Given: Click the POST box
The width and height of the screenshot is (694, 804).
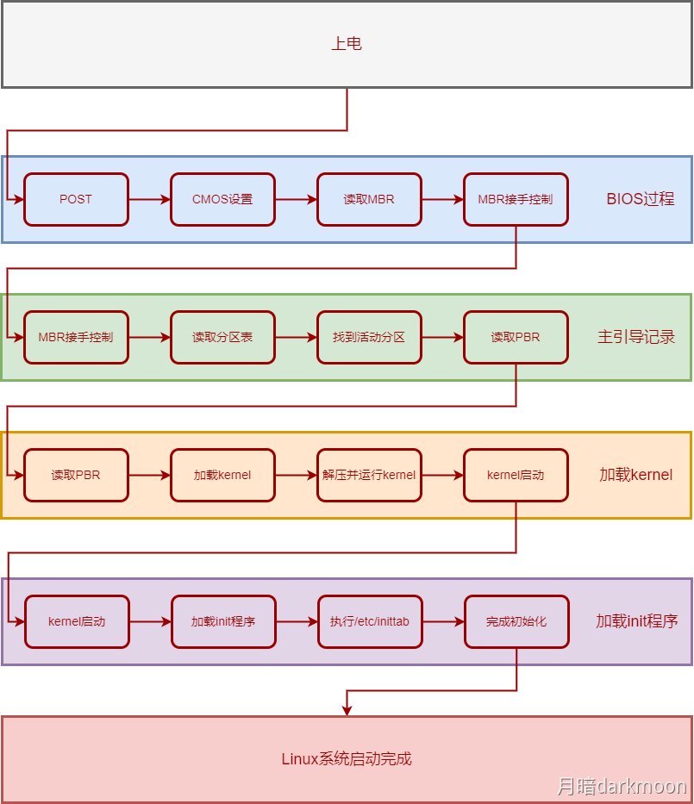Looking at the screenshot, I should tap(76, 199).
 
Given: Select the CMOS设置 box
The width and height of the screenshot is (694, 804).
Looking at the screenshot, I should tap(222, 199).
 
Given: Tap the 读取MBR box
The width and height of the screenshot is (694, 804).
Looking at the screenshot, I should tap(369, 199).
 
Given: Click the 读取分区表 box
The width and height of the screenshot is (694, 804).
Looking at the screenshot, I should tap(222, 337).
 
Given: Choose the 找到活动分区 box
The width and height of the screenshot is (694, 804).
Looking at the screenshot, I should tap(369, 337).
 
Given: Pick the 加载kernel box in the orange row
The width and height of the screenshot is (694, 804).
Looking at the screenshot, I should tap(222, 475).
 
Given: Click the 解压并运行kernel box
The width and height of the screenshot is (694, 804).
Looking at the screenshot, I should tap(369, 475).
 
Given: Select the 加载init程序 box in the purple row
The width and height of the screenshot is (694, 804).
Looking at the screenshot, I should tap(222, 621).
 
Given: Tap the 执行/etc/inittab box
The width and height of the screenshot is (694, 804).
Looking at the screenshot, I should tap(369, 621).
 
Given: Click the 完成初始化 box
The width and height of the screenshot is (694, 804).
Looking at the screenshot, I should tap(516, 621).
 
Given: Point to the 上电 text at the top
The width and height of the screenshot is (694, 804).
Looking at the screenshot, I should tap(347, 44).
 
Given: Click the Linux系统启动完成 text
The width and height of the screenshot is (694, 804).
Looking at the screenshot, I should tap(347, 759).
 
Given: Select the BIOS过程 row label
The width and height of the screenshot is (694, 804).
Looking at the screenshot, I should tap(640, 199).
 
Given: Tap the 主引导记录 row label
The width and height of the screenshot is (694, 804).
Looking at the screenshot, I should tap(636, 337).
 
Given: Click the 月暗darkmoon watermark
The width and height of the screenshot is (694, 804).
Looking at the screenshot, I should tap(621, 786).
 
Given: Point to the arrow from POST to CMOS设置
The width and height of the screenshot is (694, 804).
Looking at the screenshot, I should tap(149, 199).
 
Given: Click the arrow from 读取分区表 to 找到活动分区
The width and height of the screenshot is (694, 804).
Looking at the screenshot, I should tap(296, 337).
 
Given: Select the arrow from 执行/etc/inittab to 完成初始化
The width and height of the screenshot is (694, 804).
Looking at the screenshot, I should tap(442, 621).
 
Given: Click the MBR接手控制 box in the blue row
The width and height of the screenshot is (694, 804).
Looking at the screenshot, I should tap(516, 199).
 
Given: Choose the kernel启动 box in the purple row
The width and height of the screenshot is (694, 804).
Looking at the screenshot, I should tap(76, 621).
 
